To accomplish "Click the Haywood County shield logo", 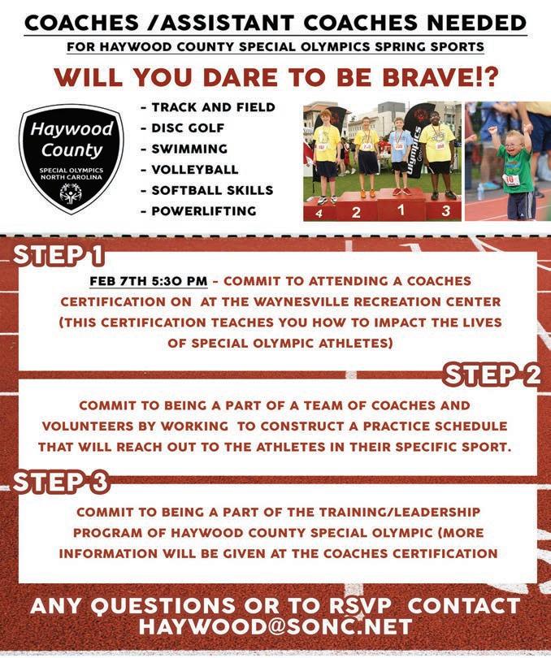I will (72, 158).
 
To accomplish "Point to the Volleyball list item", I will (194, 170).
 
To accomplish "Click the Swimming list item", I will (189, 149).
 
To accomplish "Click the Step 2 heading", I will (492, 374).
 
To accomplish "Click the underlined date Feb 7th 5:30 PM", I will (149, 281).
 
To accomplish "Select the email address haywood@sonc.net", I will (275, 627).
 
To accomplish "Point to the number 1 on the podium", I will (400, 210).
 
